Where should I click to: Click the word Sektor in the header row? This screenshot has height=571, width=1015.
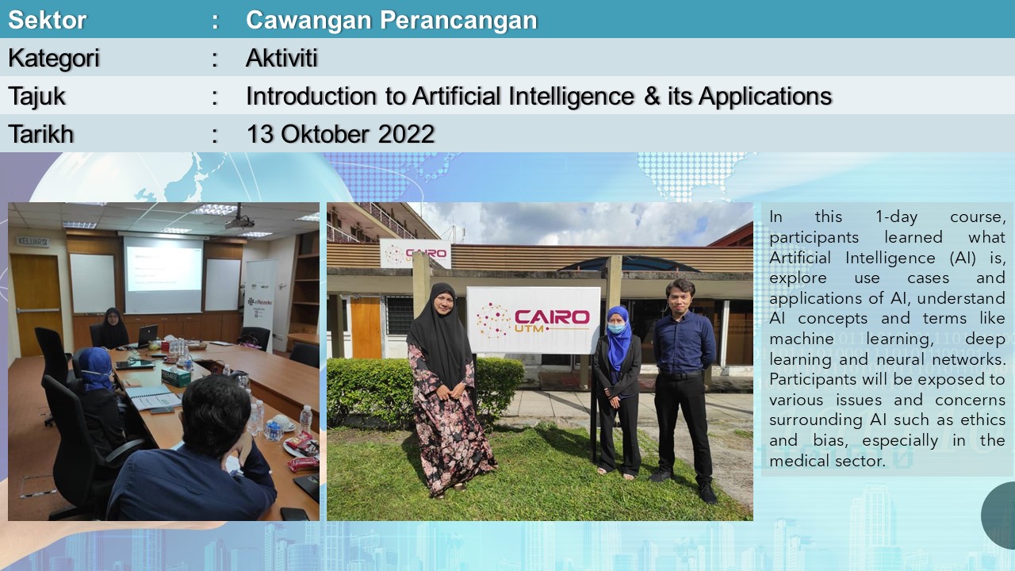pyautogui.click(x=47, y=20)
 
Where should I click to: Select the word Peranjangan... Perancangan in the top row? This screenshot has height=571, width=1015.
pyautogui.click(x=458, y=21)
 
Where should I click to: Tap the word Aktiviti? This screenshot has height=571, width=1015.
pyautogui.click(x=282, y=58)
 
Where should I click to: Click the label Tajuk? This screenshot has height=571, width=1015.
pyautogui.click(x=36, y=97)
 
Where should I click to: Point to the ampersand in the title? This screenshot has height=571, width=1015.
pyautogui.click(x=652, y=96)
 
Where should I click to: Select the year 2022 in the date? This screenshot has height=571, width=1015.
pyautogui.click(x=407, y=134)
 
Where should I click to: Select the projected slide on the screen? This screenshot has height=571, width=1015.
pyautogui.click(x=163, y=269)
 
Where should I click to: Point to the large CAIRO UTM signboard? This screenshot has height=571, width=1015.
pyautogui.click(x=534, y=320)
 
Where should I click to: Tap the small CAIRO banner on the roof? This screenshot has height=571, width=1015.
pyautogui.click(x=415, y=253)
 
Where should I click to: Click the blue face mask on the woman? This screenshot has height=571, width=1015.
pyautogui.click(x=616, y=328)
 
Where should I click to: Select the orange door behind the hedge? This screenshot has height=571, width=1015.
pyautogui.click(x=366, y=328)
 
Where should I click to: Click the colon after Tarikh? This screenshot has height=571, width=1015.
pyautogui.click(x=215, y=135)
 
